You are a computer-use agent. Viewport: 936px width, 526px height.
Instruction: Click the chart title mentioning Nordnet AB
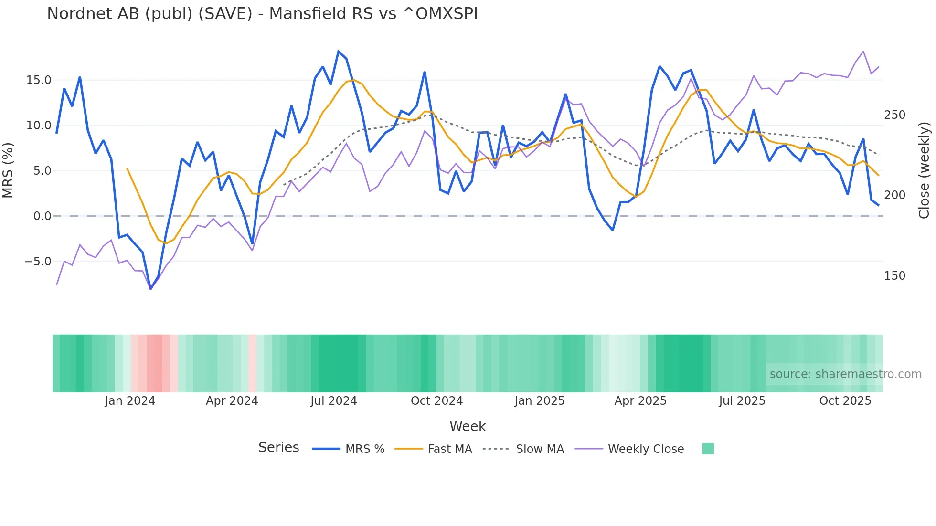[262, 14]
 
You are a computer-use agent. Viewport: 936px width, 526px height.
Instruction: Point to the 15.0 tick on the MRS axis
[39, 80]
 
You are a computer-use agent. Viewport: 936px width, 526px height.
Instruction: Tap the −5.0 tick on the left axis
[38, 262]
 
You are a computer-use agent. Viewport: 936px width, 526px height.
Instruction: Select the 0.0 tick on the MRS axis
[42, 216]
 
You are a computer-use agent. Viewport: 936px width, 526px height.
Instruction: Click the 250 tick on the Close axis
[894, 115]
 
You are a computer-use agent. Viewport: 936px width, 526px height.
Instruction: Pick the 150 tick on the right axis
[894, 276]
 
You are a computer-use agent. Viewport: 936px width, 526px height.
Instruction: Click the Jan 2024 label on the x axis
[130, 401]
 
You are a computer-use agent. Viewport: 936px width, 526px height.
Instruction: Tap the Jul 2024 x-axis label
[333, 401]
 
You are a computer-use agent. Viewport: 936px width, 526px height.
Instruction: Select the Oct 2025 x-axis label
[845, 401]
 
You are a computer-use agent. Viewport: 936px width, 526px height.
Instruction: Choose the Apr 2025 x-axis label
[640, 401]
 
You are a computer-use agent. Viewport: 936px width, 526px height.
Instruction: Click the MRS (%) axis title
[8, 170]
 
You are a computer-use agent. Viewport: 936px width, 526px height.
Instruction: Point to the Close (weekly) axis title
[925, 170]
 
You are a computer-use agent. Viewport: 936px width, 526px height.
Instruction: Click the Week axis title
[468, 426]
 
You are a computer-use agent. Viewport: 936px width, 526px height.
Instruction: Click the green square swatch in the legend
[708, 449]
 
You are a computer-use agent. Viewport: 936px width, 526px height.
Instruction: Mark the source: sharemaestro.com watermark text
[845, 374]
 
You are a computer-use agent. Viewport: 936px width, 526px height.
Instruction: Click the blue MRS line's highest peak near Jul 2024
[339, 51]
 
